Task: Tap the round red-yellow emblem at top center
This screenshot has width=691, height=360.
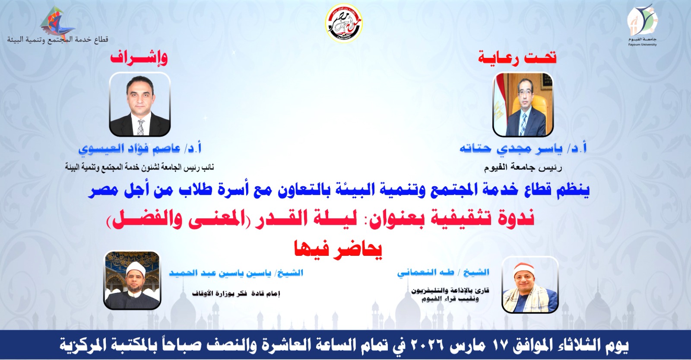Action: click(344, 23)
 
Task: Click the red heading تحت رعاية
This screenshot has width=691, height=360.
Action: click(517, 58)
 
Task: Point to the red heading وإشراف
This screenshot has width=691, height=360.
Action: click(139, 57)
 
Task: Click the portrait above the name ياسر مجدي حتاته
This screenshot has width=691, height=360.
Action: click(523, 104)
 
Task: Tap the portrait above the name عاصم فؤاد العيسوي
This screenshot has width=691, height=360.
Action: click(140, 104)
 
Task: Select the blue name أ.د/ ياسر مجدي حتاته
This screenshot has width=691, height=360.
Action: click(523, 149)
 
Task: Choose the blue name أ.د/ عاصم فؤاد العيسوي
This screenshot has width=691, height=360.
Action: click(140, 149)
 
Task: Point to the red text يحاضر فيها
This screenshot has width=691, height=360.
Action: click(339, 250)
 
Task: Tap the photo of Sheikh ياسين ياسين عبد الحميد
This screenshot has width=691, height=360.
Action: click(132, 280)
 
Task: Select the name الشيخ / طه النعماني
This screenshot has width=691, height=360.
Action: click(443, 272)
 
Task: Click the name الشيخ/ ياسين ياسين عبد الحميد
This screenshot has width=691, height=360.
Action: click(236, 273)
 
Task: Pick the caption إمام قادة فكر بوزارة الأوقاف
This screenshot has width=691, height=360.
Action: click(236, 293)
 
